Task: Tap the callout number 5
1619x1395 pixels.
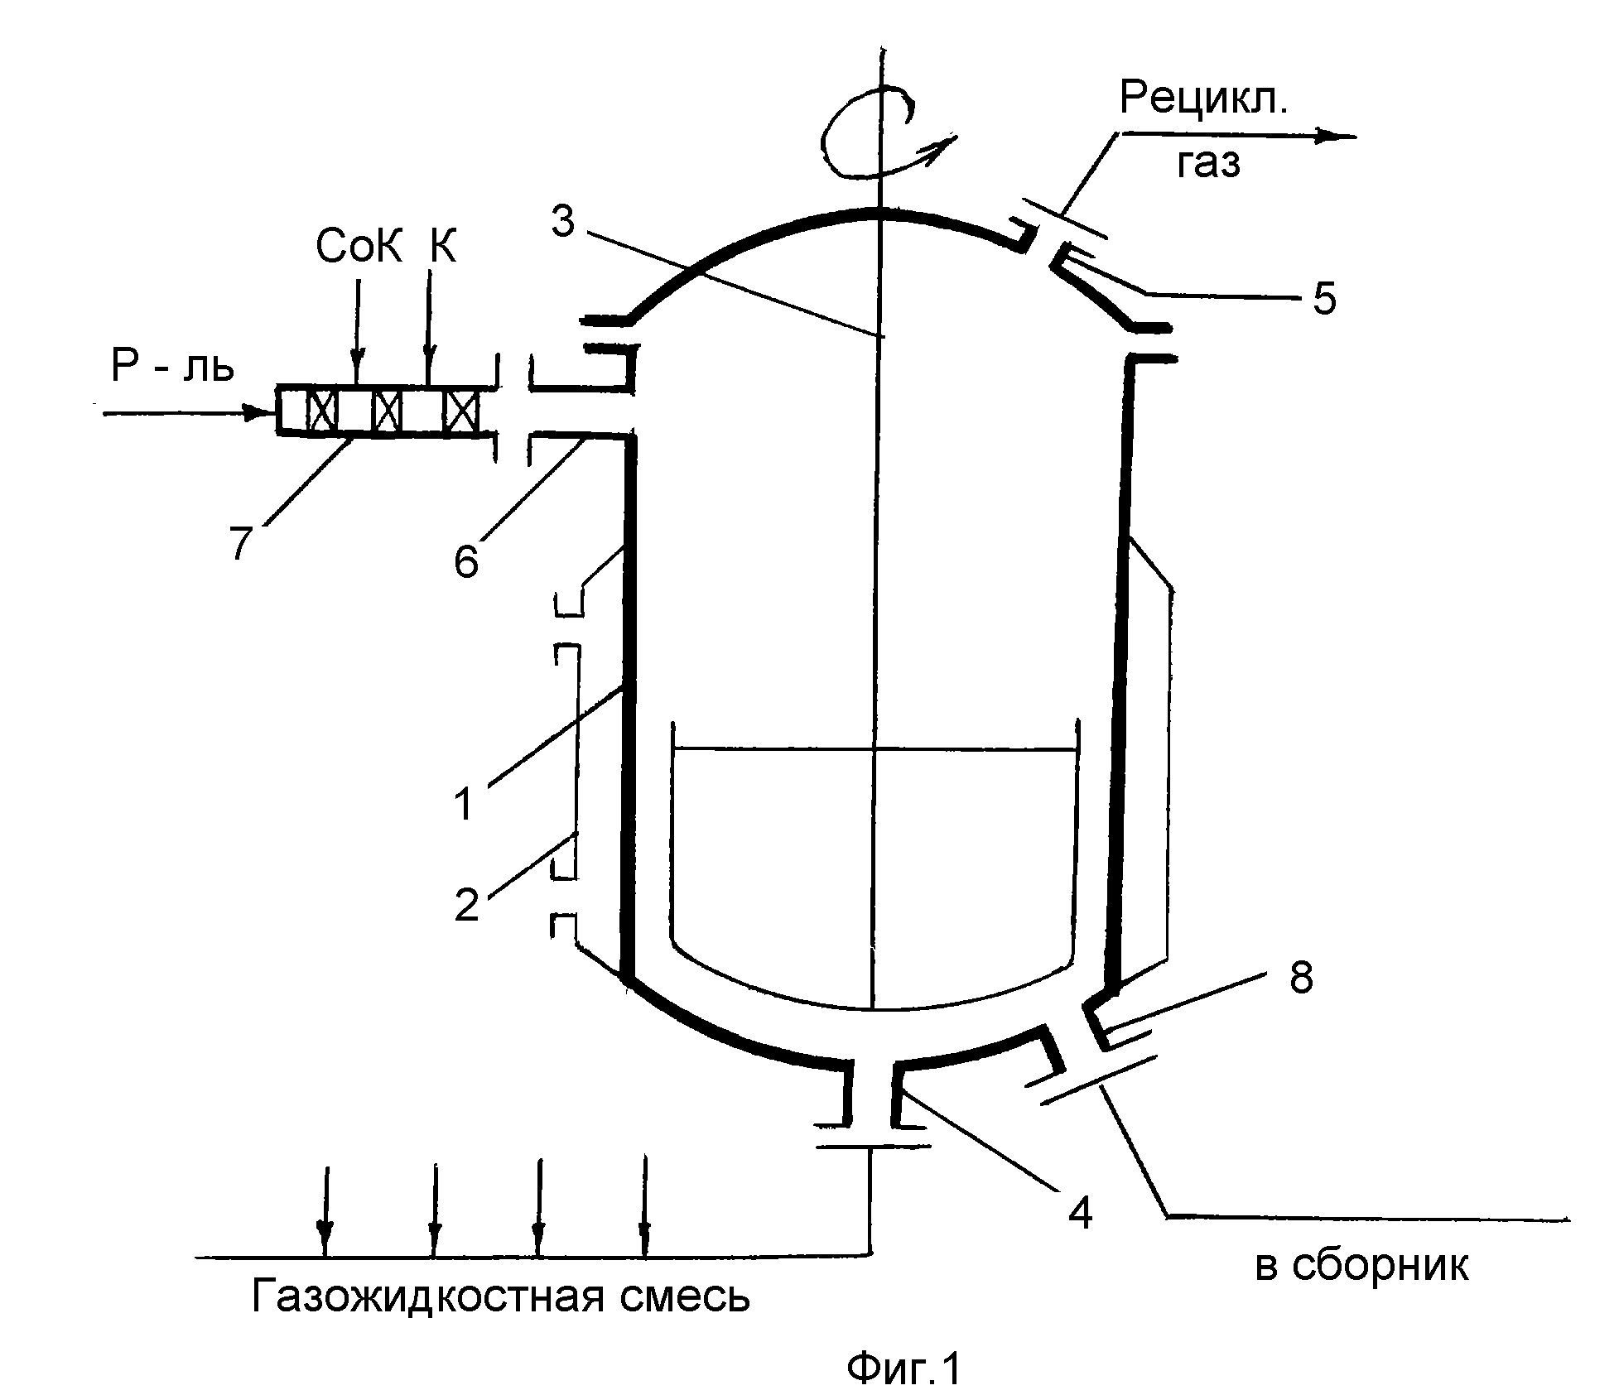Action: click(x=1324, y=300)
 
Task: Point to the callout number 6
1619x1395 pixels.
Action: click(x=466, y=562)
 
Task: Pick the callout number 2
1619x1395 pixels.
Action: click(x=467, y=904)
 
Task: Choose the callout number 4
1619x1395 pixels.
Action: click(x=1080, y=1214)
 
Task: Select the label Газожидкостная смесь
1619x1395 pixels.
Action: click(x=501, y=1295)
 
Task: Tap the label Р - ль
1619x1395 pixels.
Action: click(x=172, y=366)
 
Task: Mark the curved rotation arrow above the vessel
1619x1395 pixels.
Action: click(x=882, y=137)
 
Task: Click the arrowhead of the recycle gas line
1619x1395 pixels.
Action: click(x=1335, y=137)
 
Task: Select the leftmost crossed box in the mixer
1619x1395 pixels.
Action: click(x=321, y=409)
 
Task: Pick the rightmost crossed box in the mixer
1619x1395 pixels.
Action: click(x=461, y=409)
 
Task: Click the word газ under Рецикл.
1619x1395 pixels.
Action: click(x=1208, y=164)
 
